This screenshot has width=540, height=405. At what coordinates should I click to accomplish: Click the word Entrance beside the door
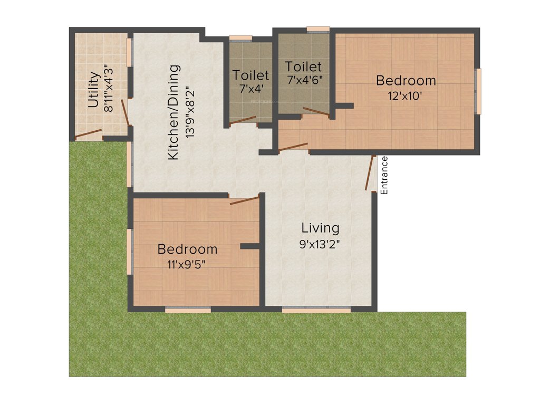[x=384, y=176]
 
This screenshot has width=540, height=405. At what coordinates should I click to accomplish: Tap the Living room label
[x=320, y=228]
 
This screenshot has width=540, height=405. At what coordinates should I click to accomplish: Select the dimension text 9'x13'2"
[x=320, y=245]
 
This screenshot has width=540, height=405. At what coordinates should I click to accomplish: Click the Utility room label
[x=93, y=90]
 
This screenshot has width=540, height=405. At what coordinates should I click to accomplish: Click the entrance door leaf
[x=370, y=172]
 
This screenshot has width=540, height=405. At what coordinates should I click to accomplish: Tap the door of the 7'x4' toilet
[x=243, y=121]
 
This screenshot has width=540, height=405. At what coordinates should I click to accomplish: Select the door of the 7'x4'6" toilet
[x=315, y=111]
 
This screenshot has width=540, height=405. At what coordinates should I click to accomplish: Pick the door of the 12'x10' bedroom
[x=293, y=147]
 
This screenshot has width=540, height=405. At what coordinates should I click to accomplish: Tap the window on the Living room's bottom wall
[x=316, y=310]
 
